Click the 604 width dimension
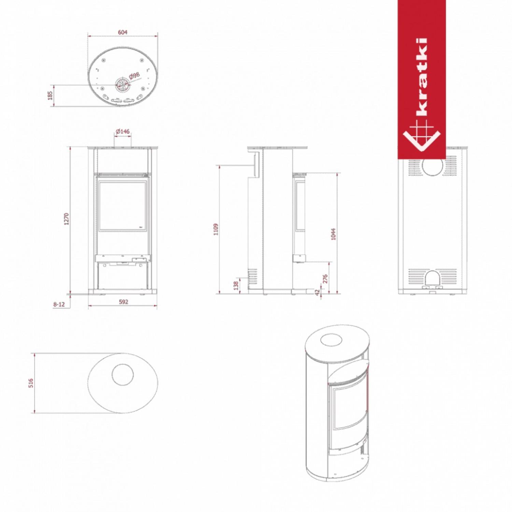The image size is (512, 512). tap(123, 32)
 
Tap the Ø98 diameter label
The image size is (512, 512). tap(134, 75)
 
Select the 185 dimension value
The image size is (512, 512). tap(50, 95)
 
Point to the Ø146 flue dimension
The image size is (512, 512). tap(123, 131)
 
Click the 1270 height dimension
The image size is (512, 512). tap(67, 219)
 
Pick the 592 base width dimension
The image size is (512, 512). tap(123, 302)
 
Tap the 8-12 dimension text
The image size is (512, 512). tap(59, 304)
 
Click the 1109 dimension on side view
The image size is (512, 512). tap(215, 229)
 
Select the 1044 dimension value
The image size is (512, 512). tap(333, 234)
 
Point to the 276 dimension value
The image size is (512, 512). tap(325, 279)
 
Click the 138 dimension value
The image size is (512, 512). tap(236, 285)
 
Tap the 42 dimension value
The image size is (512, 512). tap(318, 293)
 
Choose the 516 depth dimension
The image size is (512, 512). tap(31, 383)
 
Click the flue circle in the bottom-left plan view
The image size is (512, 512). tap(123, 374)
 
